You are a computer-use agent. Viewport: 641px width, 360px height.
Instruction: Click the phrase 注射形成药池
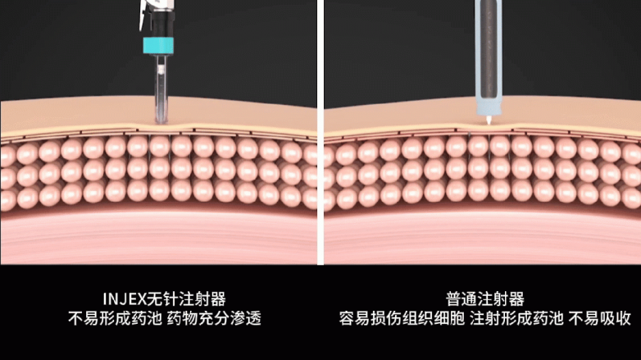(x=502, y=317)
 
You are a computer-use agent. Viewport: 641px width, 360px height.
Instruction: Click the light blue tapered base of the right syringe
(x=488, y=105)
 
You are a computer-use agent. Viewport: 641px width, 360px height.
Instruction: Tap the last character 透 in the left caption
(x=254, y=317)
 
